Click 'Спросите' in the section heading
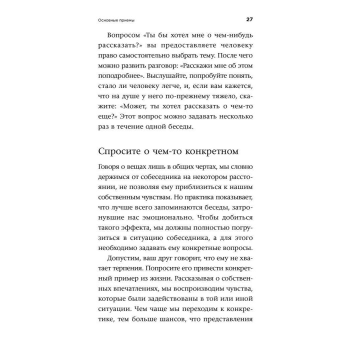[x=122, y=150]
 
